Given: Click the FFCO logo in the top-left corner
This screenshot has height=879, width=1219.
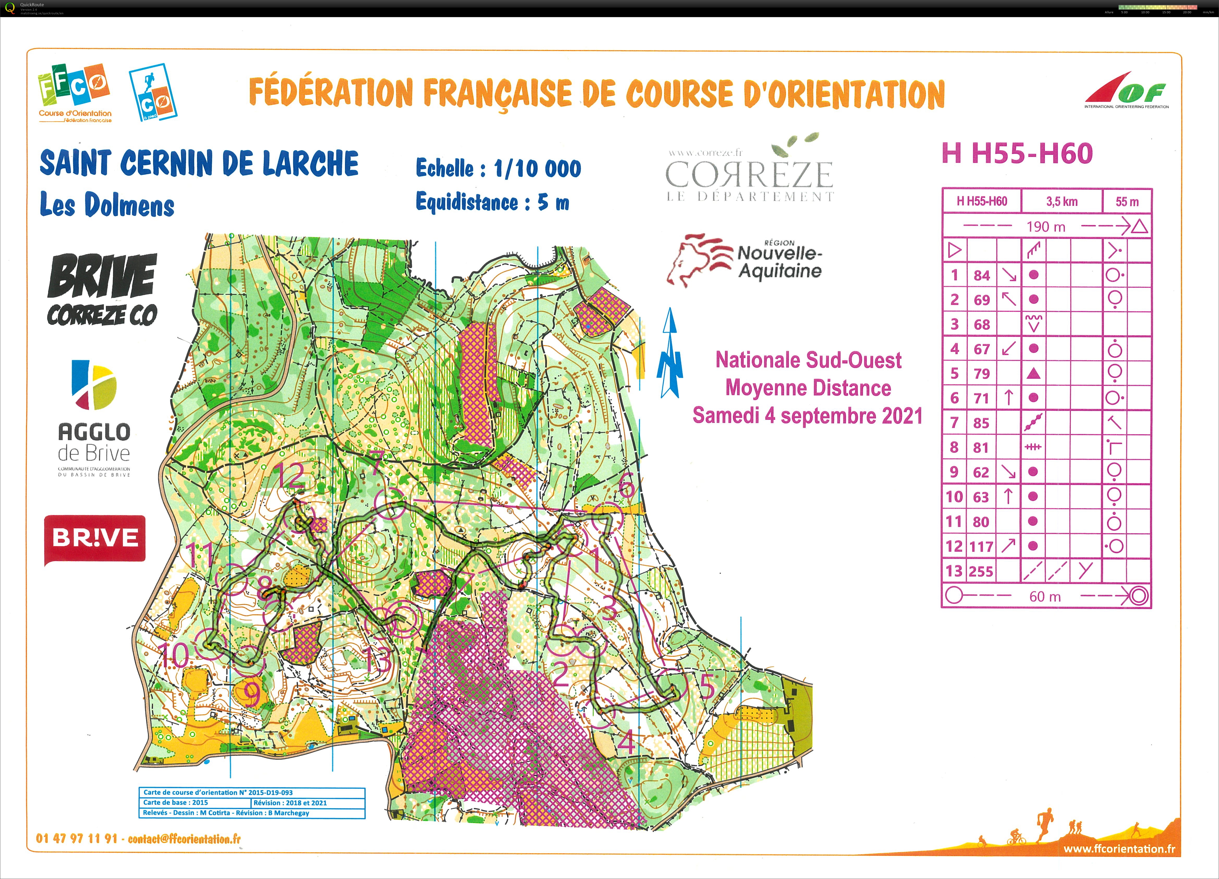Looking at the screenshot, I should click(x=74, y=92).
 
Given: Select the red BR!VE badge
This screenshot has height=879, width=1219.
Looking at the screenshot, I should click(x=95, y=539).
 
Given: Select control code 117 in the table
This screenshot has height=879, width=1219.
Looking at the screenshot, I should click(x=982, y=546).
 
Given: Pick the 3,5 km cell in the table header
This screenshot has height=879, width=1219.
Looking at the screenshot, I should click(x=1061, y=202).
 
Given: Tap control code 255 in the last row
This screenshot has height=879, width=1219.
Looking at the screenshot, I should click(x=982, y=571).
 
